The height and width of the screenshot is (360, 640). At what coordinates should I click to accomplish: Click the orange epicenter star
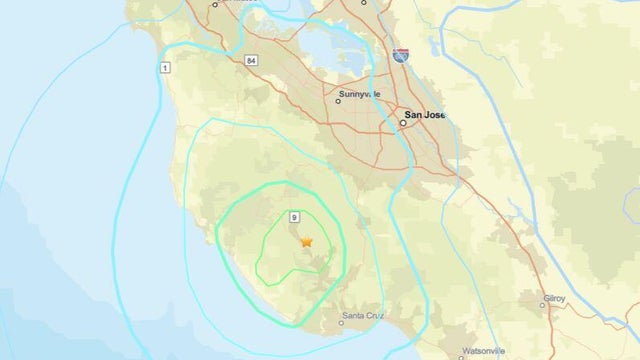coord(306,241)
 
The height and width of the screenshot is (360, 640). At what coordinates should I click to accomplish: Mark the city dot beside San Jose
coord(404,123)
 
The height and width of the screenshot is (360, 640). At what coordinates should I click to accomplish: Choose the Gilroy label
coord(553,298)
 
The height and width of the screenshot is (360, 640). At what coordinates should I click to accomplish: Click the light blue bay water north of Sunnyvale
coord(330,45)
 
